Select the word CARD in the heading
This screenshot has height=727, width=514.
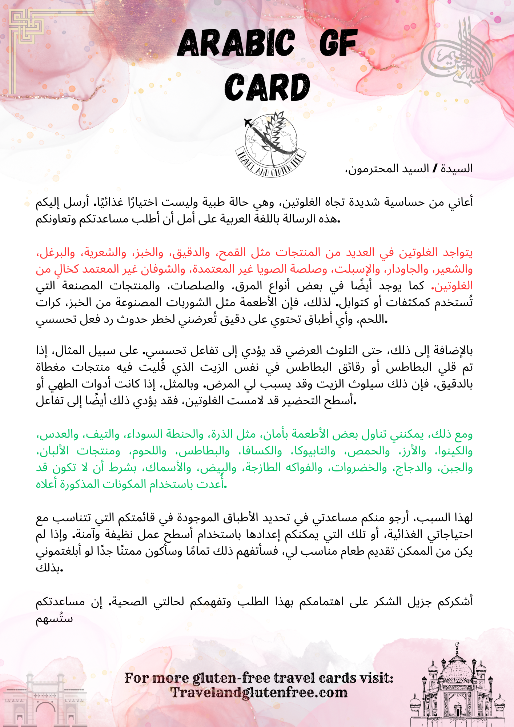pyautogui.click(x=267, y=88)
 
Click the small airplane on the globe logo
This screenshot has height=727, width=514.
pyautogui.click(x=249, y=123)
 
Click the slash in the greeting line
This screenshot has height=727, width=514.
pyautogui.click(x=435, y=169)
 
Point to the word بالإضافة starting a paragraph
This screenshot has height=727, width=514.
pyautogui.click(x=454, y=350)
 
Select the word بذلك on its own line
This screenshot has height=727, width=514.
pyautogui.click(x=49, y=568)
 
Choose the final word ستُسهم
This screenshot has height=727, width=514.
pyautogui.click(x=54, y=619)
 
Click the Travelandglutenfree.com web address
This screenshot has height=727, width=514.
pyautogui.click(x=259, y=693)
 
